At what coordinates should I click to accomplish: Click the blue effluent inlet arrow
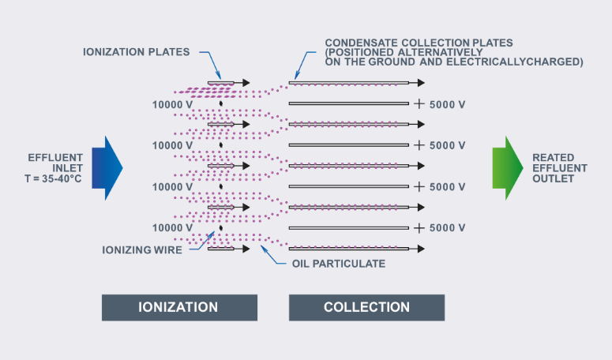tap(107, 168)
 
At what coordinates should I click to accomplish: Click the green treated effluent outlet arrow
tap(508, 168)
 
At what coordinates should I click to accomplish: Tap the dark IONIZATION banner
tap(179, 308)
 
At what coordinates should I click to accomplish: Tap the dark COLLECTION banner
tap(366, 308)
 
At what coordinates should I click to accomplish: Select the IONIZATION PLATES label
tap(136, 52)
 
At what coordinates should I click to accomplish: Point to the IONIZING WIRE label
tap(142, 250)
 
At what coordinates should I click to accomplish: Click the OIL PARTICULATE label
tap(339, 264)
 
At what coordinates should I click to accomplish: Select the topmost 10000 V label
tap(172, 104)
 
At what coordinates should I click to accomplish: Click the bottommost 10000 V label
tap(172, 228)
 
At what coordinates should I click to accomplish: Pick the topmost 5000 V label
tap(447, 104)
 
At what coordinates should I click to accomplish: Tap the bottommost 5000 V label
tap(447, 228)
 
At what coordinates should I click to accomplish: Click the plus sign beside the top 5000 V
tap(419, 103)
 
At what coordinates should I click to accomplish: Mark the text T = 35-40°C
tap(53, 178)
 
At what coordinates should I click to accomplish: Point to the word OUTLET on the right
tap(553, 178)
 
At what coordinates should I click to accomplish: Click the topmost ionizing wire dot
tap(221, 103)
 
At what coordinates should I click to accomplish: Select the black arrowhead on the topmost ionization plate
tap(246, 83)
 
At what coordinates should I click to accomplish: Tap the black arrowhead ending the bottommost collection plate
tap(421, 249)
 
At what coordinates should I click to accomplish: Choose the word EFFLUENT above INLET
tap(55, 158)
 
